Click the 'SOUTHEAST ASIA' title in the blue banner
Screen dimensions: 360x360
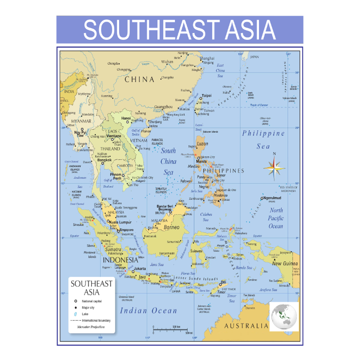point(180,30)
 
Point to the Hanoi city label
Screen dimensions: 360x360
point(126,118)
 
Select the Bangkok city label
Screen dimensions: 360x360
point(104,160)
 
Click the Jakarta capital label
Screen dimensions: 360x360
point(140,268)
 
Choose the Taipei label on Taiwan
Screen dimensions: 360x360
point(206,96)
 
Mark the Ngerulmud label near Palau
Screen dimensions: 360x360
point(272,198)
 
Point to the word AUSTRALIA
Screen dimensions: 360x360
point(245,326)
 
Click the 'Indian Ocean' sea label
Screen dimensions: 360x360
point(148,310)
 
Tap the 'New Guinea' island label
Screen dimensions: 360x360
point(284,263)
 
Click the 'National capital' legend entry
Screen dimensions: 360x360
point(92,301)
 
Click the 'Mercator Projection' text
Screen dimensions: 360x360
point(91,327)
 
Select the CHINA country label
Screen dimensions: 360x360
point(140,79)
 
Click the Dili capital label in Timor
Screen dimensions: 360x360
point(223,282)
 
